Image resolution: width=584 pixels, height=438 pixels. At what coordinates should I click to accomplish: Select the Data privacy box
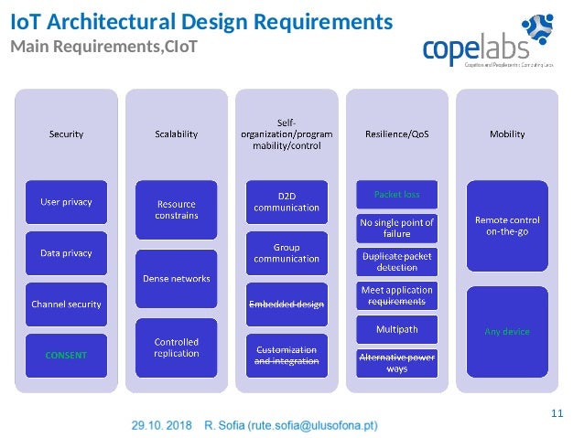point(66,251)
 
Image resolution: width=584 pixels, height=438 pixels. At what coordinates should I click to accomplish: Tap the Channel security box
point(66,304)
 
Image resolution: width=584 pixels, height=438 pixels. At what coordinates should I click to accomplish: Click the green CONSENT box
point(66,355)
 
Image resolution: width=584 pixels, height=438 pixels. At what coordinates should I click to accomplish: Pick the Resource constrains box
point(177,209)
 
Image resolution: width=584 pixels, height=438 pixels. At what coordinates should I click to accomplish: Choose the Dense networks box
point(177,278)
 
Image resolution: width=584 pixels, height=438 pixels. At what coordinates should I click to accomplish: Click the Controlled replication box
point(177,347)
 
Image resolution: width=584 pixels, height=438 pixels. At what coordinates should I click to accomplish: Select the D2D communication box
point(287,201)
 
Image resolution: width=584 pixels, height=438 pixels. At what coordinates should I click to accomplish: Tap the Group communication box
point(287,252)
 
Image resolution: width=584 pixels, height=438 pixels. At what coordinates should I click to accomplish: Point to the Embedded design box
point(287,304)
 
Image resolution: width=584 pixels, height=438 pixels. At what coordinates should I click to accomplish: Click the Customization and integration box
point(287,355)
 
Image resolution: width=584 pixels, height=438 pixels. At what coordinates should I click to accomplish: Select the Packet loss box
point(397,194)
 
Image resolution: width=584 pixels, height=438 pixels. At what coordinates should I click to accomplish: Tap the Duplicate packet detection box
point(397,262)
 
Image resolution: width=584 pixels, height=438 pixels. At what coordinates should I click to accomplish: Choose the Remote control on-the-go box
point(507,226)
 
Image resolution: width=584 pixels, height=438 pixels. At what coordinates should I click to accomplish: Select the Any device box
point(507,331)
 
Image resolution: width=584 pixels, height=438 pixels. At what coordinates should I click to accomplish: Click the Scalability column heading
point(177,134)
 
